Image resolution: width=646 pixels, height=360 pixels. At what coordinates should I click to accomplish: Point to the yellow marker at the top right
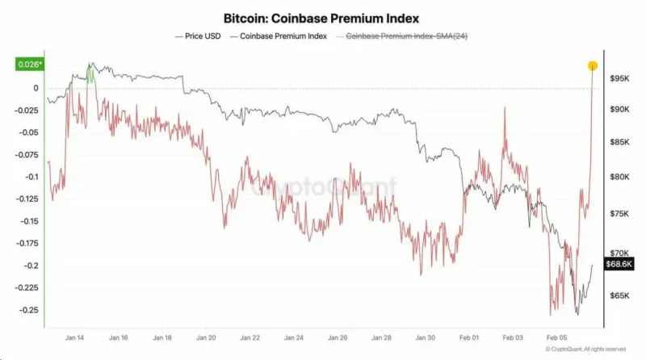click(x=592, y=65)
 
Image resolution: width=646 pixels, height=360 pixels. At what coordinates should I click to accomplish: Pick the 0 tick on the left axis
click(x=36, y=88)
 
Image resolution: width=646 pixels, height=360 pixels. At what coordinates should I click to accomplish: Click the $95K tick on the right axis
click(x=620, y=79)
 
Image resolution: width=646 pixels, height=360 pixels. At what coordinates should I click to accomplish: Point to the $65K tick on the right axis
click(x=620, y=296)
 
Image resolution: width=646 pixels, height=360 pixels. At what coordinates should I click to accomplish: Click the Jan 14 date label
click(x=74, y=340)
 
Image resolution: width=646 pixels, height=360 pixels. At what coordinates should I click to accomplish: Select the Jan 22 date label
click(x=250, y=340)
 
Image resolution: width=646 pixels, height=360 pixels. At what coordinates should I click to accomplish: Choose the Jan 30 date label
click(x=426, y=340)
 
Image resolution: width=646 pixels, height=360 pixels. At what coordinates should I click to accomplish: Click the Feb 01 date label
click(x=469, y=340)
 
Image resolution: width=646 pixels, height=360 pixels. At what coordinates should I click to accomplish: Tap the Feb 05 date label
click(x=557, y=340)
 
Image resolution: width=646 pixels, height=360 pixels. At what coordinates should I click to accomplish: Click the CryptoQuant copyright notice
click(x=585, y=350)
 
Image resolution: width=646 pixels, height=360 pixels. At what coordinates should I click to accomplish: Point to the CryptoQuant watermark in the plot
click(x=323, y=187)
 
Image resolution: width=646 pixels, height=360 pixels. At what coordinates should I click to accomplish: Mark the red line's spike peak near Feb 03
click(x=505, y=108)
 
